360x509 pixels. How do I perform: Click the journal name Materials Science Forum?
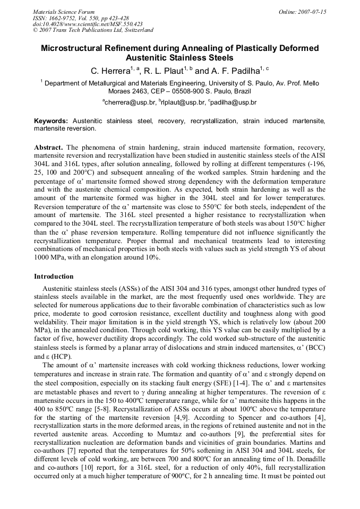64,12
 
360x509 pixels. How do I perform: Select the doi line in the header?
88,24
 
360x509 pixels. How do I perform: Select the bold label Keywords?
52,121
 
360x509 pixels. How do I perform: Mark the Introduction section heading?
54,277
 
